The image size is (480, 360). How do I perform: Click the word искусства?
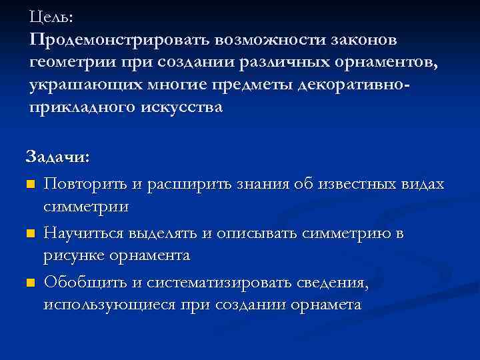181,108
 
